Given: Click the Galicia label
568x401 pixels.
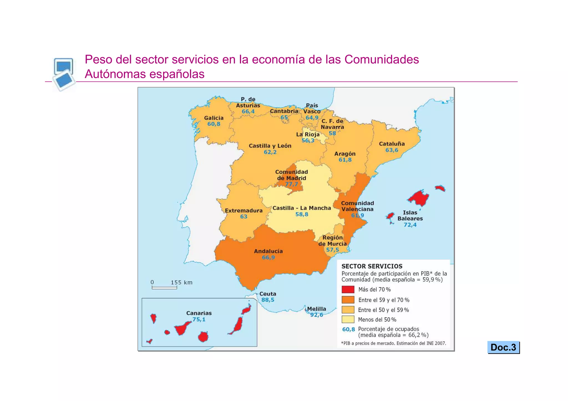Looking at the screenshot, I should click(x=214, y=118).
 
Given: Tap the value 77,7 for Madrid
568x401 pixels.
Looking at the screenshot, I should click(x=291, y=184).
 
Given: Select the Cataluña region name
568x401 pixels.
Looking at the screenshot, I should click(x=392, y=144).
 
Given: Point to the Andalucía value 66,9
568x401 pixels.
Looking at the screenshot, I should click(x=268, y=257).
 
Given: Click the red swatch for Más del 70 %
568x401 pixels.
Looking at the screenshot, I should click(x=348, y=289).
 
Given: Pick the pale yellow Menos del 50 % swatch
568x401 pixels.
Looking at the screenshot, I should click(x=348, y=320).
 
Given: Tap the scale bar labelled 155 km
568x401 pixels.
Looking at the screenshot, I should click(x=164, y=288).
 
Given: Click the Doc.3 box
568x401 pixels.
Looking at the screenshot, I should click(x=503, y=347).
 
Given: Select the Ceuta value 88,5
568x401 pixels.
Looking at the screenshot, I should click(x=268, y=300).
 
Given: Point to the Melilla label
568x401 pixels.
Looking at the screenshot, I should click(x=316, y=309).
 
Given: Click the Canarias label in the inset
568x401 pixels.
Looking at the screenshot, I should click(x=199, y=313).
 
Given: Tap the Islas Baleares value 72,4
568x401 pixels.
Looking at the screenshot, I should click(x=410, y=225).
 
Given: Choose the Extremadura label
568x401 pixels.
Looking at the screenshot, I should click(x=244, y=211).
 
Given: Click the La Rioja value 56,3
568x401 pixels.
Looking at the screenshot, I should click(x=308, y=141).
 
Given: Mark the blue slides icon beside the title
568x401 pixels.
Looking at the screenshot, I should click(x=64, y=74).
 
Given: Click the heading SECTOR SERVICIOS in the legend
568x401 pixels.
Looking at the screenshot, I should click(x=372, y=266).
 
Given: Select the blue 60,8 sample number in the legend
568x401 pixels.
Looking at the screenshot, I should click(x=348, y=330).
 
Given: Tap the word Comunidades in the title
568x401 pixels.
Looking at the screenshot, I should click(x=381, y=60).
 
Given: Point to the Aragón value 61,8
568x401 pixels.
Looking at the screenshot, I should click(x=345, y=160).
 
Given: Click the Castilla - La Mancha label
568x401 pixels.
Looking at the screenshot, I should click(x=301, y=208).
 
